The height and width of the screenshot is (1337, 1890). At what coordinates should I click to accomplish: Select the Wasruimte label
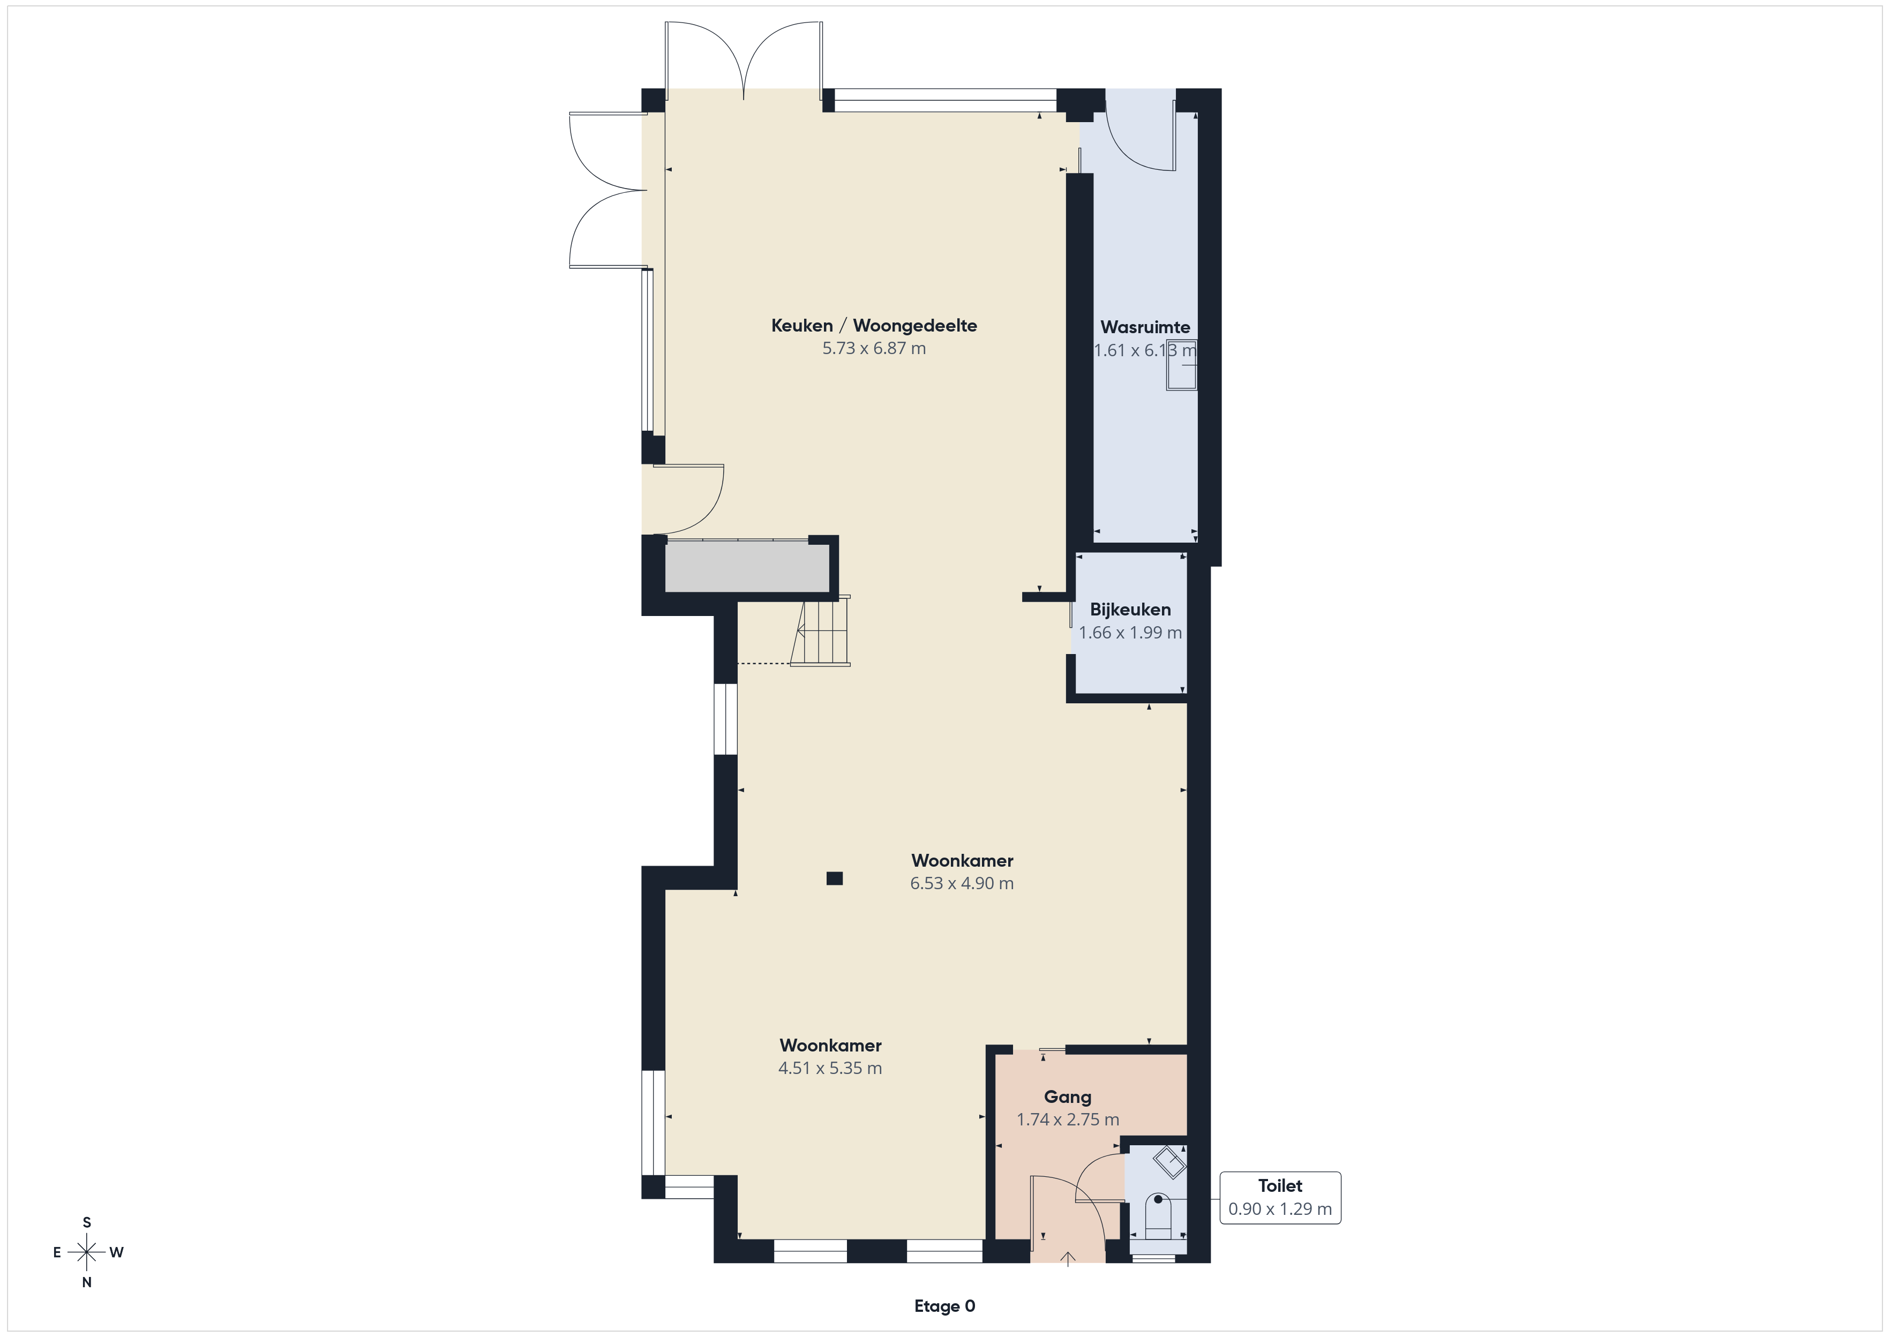point(1145,327)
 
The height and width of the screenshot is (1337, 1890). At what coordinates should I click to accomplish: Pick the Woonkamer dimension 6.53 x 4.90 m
point(962,883)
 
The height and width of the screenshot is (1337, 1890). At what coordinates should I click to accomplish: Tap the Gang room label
point(1068,1096)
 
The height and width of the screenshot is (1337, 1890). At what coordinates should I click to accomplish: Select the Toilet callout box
point(1280,1197)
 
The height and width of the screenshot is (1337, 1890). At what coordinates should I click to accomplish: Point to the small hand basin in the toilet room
point(1169,1162)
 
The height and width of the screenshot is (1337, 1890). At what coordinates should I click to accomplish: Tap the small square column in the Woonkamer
point(835,878)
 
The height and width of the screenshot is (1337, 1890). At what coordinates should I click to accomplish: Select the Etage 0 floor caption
point(944,1306)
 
